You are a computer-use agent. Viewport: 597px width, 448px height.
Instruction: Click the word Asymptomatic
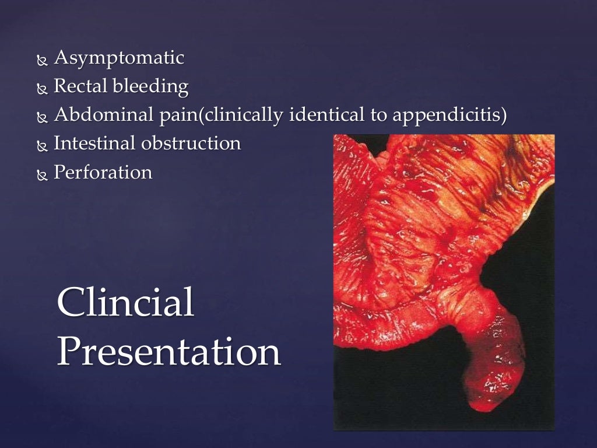click(x=118, y=58)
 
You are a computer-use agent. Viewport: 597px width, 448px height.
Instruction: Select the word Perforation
click(x=103, y=171)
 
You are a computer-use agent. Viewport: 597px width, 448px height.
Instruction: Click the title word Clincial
click(x=125, y=303)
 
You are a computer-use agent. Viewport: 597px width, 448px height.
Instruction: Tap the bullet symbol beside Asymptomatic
click(x=41, y=60)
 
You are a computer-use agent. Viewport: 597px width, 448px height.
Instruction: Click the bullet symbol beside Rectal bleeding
click(x=41, y=89)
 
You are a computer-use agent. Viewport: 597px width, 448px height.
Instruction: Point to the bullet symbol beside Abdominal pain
click(x=41, y=117)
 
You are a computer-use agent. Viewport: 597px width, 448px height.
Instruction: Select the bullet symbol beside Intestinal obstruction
click(x=41, y=145)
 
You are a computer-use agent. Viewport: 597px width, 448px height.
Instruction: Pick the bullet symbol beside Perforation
click(x=41, y=174)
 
